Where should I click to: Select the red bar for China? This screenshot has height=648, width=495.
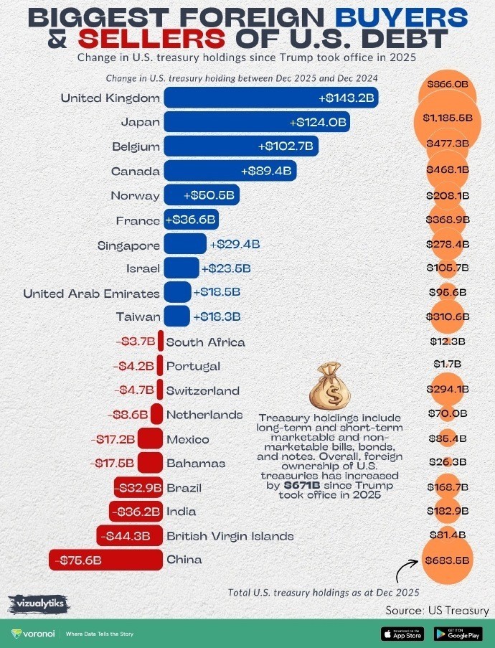click(x=104, y=560)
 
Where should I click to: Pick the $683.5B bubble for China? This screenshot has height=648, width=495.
click(x=448, y=560)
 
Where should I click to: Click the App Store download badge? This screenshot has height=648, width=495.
click(x=403, y=634)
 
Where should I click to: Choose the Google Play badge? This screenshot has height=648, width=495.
click(x=458, y=634)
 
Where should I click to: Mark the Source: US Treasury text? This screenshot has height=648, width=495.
click(x=437, y=611)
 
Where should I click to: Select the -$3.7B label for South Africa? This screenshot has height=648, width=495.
click(x=135, y=342)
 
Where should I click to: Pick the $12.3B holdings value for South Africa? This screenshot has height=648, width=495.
click(x=448, y=342)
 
